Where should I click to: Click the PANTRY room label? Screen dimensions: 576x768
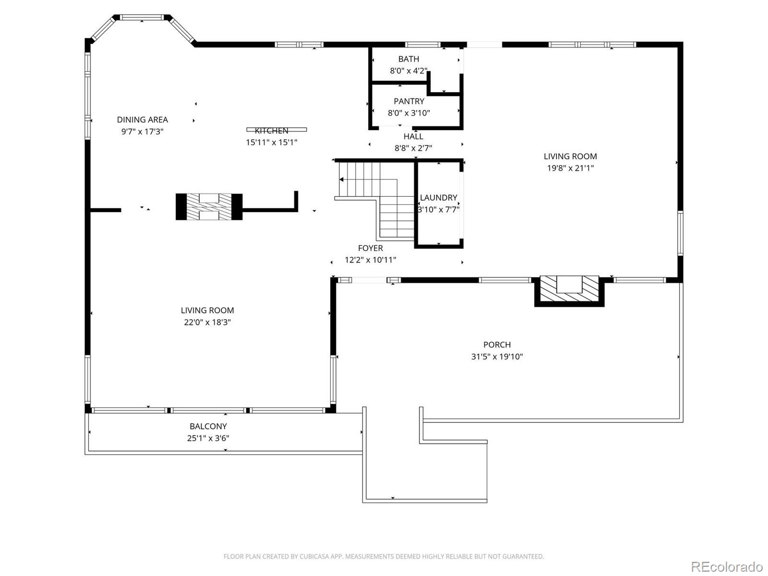[409, 101]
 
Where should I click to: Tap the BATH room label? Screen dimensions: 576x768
[408, 59]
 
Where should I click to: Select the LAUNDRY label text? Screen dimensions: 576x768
[438, 197]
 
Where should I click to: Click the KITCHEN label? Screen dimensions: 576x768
[272, 131]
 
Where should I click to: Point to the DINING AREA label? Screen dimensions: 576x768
[143, 120]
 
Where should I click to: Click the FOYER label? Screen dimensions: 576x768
[370, 248]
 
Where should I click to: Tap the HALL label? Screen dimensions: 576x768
[413, 136]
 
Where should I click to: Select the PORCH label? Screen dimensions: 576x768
[497, 345]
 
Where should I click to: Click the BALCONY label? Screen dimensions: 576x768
[208, 426]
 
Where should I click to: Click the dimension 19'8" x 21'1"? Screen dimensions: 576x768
[570, 168]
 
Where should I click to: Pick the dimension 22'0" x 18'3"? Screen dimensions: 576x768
[207, 322]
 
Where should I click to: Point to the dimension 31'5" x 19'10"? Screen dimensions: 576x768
[497, 357]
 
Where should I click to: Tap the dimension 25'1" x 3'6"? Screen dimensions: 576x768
[208, 438]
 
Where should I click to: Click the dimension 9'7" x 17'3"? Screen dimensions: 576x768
[143, 132]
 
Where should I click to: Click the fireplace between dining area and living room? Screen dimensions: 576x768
[209, 207]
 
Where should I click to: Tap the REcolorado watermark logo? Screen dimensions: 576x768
[726, 566]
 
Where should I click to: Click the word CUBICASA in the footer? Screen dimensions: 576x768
[314, 557]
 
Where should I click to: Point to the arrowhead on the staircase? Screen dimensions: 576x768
[341, 180]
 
